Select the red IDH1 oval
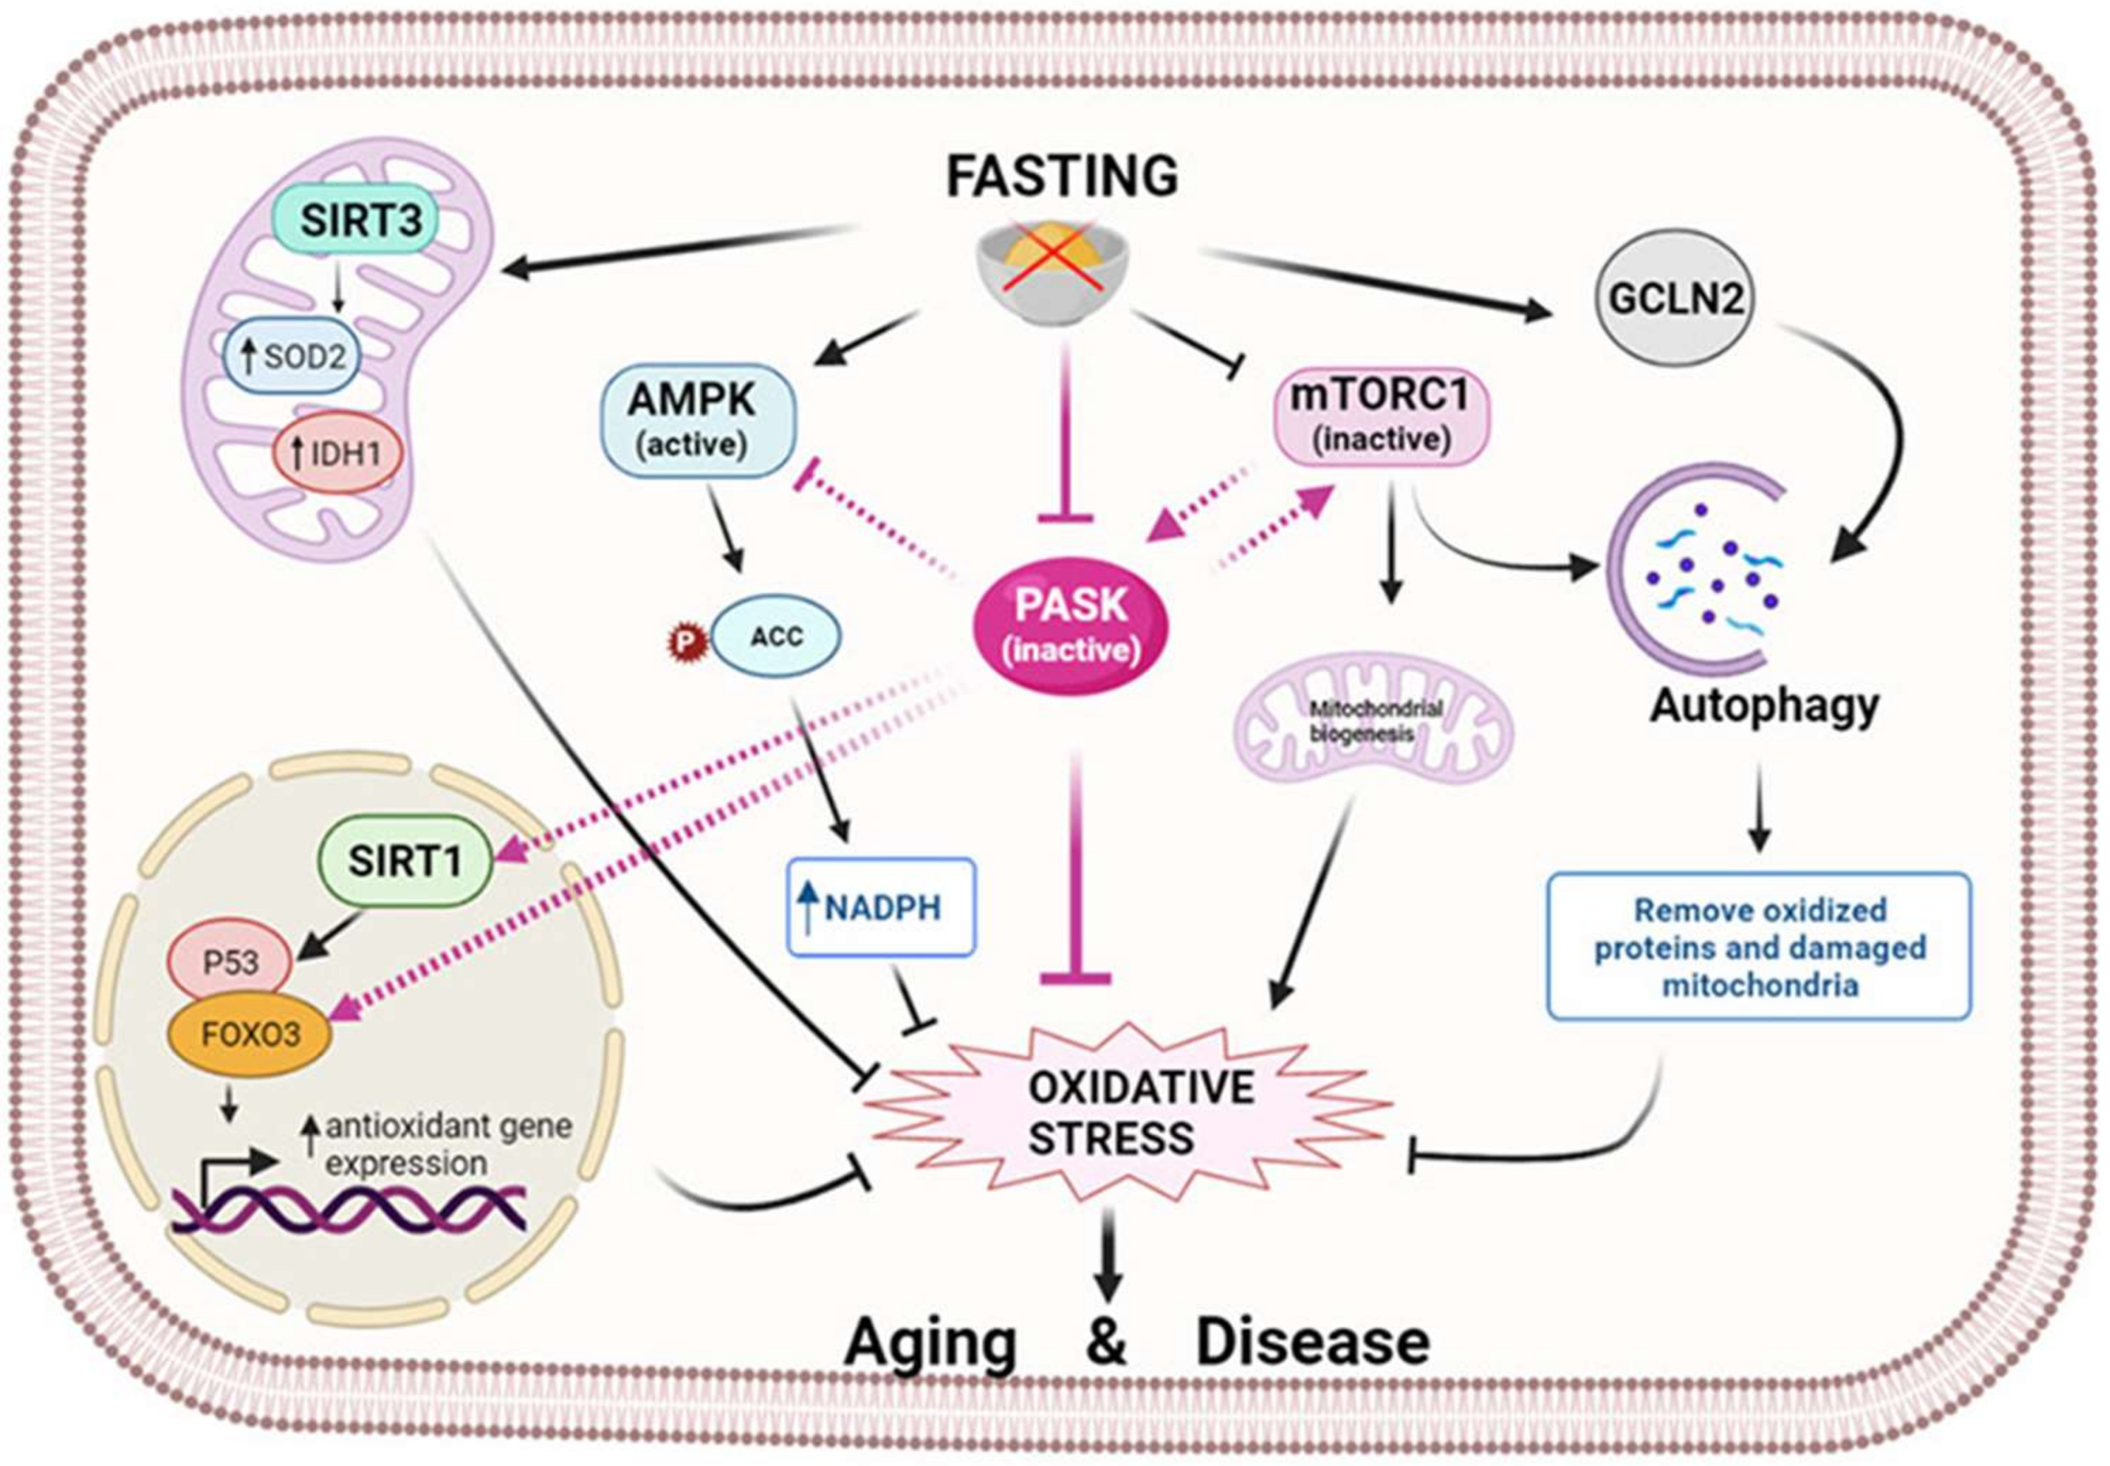click(x=337, y=453)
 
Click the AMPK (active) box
click(x=698, y=420)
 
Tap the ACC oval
click(x=776, y=637)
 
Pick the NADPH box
click(x=881, y=908)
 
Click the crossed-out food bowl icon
click(x=1051, y=271)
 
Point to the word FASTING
click(x=1061, y=176)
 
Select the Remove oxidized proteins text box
click(x=1759, y=946)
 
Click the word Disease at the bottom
click(x=1312, y=1342)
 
